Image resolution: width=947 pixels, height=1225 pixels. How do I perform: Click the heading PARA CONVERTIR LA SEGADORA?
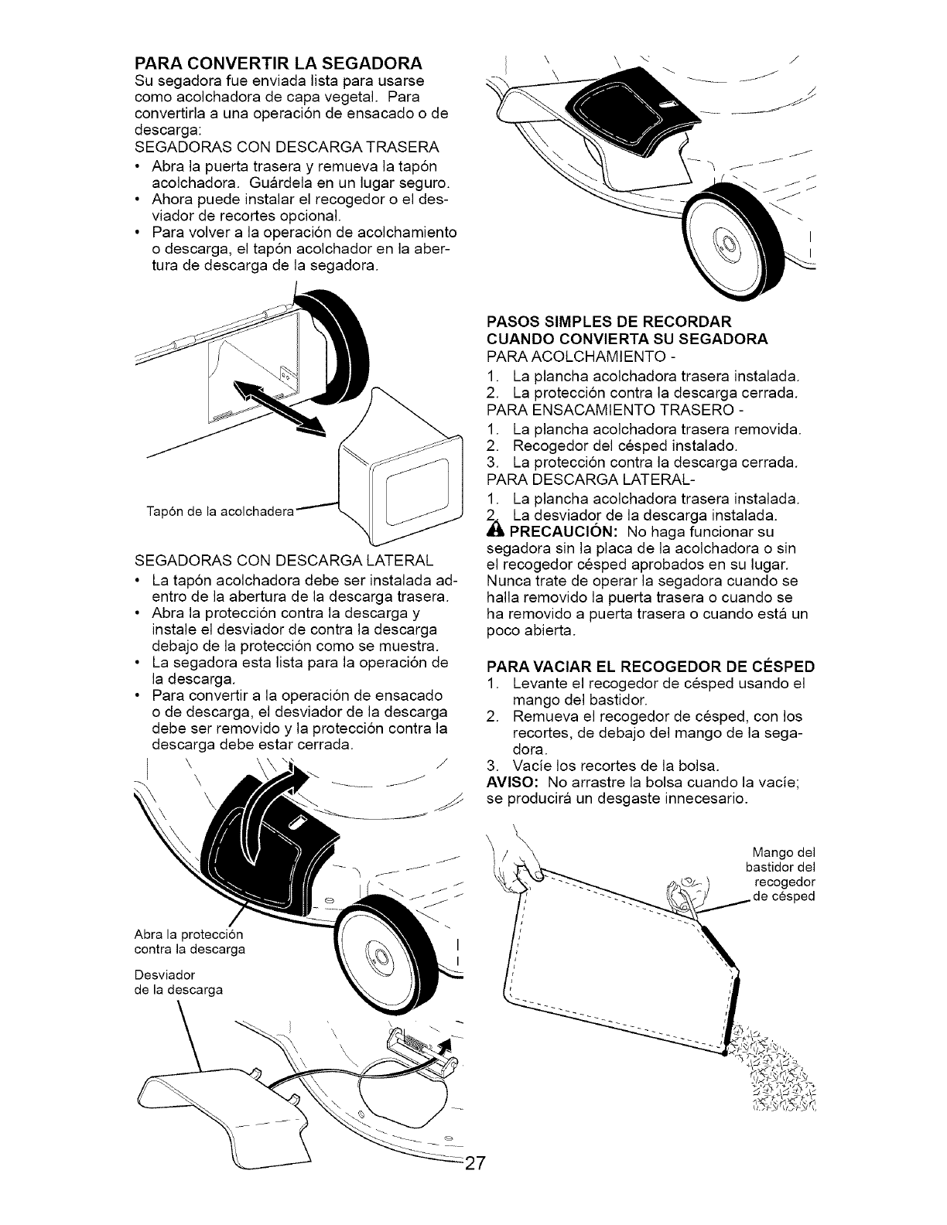pyautogui.click(x=279, y=62)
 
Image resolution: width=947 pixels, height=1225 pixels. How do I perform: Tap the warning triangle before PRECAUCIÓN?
pyautogui.click(x=493, y=532)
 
